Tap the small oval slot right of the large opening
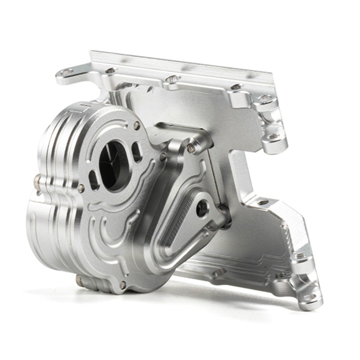click(136, 152)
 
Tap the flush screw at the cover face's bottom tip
click(122, 284)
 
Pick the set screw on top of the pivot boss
click(192, 147)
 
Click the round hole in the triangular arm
click(202, 208)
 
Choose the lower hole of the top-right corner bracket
click(273, 135)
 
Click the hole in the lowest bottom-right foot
click(310, 297)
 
